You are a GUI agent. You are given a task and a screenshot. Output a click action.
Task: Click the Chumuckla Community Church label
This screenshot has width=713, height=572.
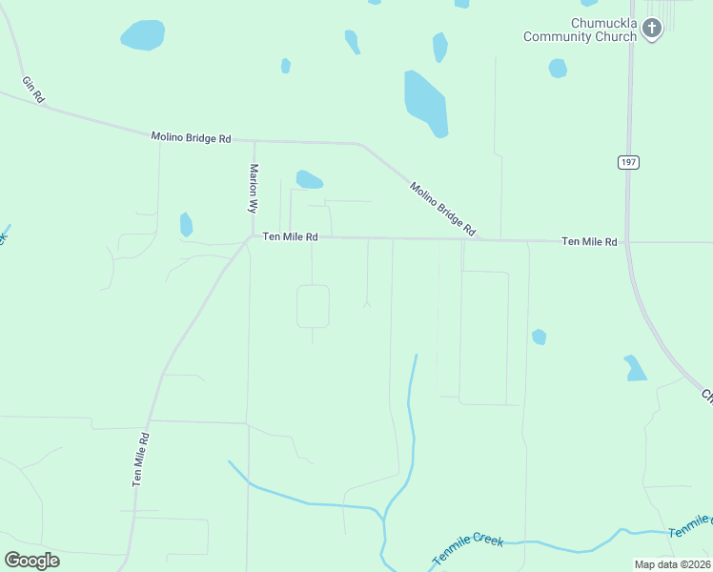579,30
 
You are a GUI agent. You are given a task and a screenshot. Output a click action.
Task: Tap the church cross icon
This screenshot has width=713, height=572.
652,29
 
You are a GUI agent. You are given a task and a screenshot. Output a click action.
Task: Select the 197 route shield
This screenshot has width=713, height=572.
627,162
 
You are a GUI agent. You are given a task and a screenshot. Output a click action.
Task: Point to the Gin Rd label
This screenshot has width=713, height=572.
33,90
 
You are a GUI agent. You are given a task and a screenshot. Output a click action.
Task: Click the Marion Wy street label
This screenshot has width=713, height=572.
255,188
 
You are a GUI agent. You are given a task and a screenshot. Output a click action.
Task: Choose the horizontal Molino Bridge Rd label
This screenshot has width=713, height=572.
191,138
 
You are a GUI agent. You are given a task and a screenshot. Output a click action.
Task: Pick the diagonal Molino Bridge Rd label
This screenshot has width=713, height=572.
442,208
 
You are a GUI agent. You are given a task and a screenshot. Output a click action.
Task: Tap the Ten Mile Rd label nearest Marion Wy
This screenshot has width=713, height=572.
290,237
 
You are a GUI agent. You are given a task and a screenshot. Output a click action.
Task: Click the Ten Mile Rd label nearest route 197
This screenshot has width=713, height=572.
589,242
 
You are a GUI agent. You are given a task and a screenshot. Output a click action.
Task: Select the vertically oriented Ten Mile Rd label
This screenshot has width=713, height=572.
141,460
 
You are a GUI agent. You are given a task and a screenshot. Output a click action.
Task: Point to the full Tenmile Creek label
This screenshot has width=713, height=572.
467,550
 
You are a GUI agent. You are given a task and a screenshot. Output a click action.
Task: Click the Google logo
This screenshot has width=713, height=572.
31,561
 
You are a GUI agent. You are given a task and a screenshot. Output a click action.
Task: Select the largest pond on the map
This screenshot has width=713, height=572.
425,103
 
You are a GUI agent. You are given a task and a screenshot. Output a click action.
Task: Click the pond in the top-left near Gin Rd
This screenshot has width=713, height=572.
143,35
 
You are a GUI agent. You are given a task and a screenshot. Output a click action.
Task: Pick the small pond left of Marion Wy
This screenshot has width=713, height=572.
186,225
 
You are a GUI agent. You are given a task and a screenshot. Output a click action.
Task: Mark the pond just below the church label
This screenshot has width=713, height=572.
558,68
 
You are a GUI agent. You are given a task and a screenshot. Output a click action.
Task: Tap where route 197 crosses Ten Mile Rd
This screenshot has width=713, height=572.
626,241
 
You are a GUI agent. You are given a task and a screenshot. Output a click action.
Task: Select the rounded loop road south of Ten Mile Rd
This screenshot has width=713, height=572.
313,306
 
